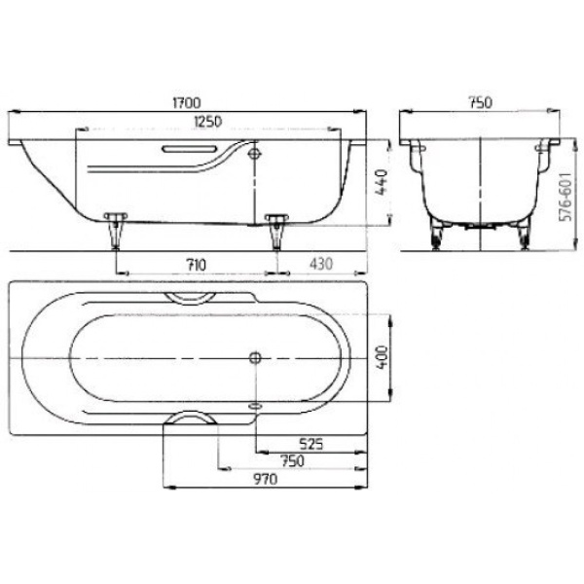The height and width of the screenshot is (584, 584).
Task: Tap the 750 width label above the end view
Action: coord(481,101)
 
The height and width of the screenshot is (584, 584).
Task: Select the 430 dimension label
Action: coord(322,264)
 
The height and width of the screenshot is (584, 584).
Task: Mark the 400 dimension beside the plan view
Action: coord(383,356)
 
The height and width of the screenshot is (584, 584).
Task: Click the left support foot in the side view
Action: coord(118,229)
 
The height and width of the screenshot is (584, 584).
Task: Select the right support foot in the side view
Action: coord(276,230)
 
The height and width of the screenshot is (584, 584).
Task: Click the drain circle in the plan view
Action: coord(256,357)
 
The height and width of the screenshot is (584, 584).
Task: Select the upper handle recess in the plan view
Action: coord(192,297)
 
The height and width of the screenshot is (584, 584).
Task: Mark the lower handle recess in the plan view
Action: coord(192,419)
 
